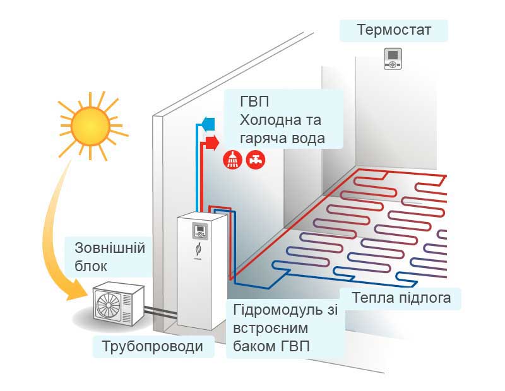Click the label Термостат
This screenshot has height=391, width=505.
394,30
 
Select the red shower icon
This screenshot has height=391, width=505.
232,160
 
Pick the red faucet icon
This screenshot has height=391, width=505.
256,160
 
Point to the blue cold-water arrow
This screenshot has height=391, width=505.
208,122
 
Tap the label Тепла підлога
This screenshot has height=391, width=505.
400,298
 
